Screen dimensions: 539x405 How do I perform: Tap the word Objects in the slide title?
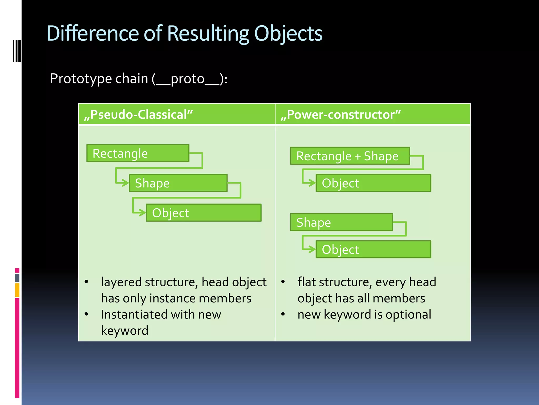[288, 33]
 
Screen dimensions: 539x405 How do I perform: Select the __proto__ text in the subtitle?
[187, 79]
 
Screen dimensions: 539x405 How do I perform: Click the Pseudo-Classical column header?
[138, 115]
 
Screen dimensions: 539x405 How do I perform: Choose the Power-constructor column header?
[341, 115]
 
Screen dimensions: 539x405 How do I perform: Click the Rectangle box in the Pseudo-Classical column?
[138, 153]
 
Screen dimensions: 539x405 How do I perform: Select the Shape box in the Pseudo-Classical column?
[178, 183]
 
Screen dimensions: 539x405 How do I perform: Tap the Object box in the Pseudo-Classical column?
[203, 213]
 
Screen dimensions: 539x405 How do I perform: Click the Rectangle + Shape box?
[350, 156]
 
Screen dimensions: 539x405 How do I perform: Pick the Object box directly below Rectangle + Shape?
[373, 183]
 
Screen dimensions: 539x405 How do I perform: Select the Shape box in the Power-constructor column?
[341, 222]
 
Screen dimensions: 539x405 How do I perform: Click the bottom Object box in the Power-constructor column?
[373, 249]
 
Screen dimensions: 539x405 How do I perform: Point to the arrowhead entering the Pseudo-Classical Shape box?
[126, 183]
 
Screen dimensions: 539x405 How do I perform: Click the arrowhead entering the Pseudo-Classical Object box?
[143, 213]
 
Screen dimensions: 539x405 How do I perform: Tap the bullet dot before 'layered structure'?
[86, 282]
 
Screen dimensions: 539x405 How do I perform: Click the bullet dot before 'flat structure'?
[283, 282]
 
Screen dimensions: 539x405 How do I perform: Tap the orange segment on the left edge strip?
[17, 290]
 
